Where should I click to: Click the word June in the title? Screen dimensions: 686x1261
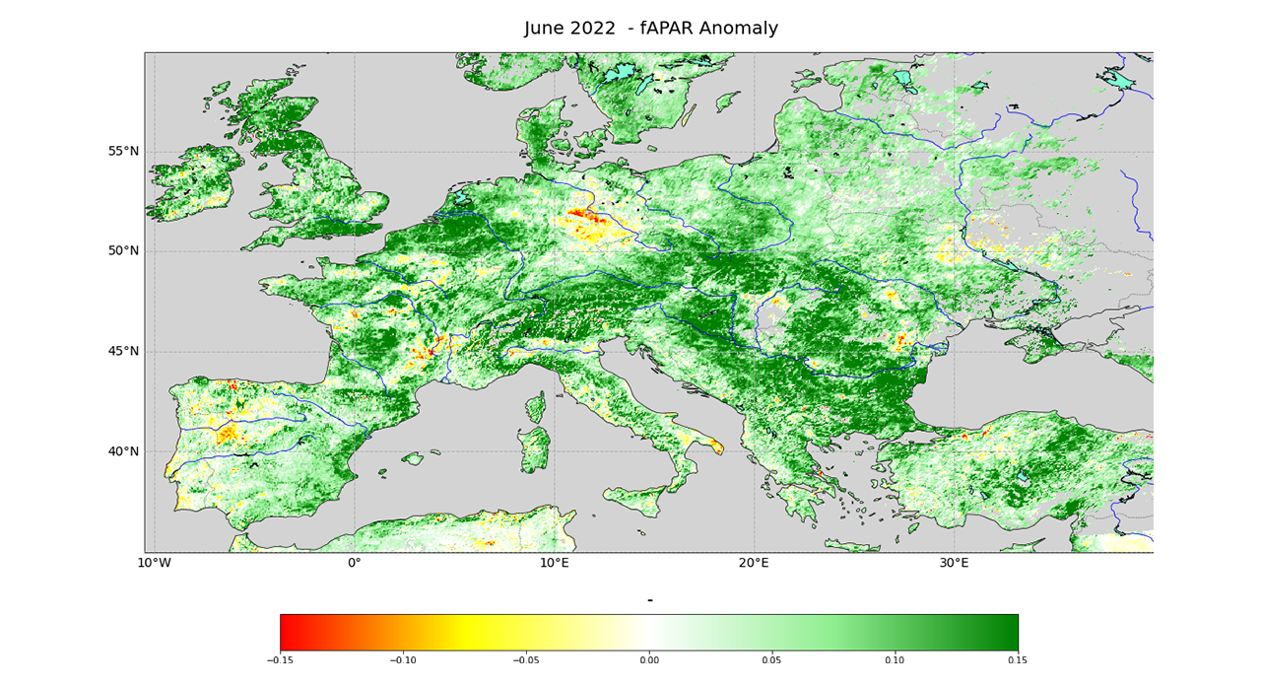(x=545, y=29)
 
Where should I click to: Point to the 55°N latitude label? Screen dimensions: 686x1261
(x=123, y=151)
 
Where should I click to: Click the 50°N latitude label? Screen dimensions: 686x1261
(x=123, y=250)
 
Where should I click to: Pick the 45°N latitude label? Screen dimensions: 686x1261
(x=123, y=351)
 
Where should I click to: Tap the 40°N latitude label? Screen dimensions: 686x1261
(x=123, y=451)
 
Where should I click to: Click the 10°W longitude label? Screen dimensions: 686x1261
(x=153, y=564)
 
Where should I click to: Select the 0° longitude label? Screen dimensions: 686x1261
(x=355, y=564)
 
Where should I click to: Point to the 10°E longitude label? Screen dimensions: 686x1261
(x=555, y=564)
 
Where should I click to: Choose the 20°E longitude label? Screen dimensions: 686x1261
(x=755, y=564)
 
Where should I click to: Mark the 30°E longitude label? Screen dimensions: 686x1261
(x=954, y=564)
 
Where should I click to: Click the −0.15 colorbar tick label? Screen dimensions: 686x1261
(x=280, y=661)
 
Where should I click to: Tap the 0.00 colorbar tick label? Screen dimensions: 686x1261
(x=649, y=661)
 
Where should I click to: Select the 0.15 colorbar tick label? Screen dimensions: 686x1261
(x=1018, y=661)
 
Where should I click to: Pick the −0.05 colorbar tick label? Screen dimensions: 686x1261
(x=526, y=661)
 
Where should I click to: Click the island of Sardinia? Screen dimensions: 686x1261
(x=535, y=448)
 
